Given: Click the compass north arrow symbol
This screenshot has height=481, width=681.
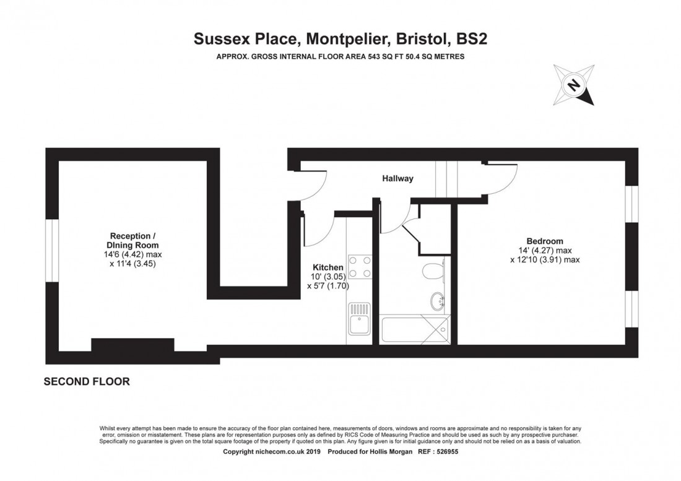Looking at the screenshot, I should [574, 84].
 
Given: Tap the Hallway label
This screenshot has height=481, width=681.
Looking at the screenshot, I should [397, 178].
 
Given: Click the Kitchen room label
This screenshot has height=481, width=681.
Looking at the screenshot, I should [328, 267].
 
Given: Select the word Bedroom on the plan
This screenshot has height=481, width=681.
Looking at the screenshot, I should [545, 241].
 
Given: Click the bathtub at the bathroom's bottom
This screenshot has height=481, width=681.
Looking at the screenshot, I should [414, 329].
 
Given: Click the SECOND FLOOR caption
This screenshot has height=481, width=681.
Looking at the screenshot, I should [87, 382].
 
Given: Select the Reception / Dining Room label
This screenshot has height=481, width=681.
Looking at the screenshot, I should [130, 240].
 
